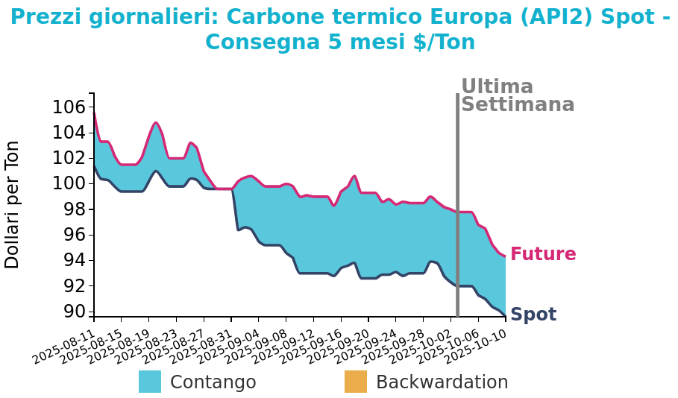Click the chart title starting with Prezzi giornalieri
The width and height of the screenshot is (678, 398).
pyautogui.click(x=339, y=30)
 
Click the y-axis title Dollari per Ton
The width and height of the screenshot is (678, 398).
pyautogui.click(x=13, y=204)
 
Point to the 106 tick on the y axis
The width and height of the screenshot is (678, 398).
pyautogui.click(x=69, y=107)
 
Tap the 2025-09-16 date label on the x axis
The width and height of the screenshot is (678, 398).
pyautogui.click(x=313, y=346)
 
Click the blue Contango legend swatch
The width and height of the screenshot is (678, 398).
pyautogui.click(x=150, y=382)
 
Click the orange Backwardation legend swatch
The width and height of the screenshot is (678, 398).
pyautogui.click(x=356, y=382)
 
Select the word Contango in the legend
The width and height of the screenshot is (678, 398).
pyautogui.click(x=213, y=382)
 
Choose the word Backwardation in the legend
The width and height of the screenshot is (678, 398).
pyautogui.click(x=442, y=382)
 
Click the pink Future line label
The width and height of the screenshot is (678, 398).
pyautogui.click(x=543, y=255)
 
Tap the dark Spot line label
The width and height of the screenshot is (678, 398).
pyautogui.click(x=533, y=315)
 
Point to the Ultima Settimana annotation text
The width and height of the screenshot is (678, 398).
pyautogui.click(x=517, y=96)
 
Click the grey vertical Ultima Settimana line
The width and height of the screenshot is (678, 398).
pyautogui.click(x=457, y=201)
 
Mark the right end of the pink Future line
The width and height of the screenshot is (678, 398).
pyautogui.click(x=505, y=256)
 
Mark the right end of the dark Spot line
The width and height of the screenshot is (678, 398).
pyautogui.click(x=505, y=316)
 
